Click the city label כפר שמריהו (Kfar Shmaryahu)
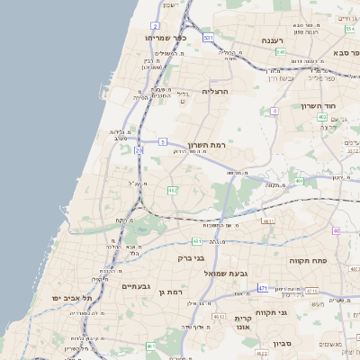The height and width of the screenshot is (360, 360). (x=165, y=40)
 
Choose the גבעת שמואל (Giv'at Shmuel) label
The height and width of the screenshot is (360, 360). (x=225, y=273)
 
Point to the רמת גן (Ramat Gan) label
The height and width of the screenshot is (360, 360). (x=169, y=292)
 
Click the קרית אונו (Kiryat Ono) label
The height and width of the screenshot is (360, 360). (x=243, y=323)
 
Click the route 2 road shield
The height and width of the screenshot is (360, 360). (x=156, y=26)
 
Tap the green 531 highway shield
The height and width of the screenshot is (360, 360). (x=209, y=37)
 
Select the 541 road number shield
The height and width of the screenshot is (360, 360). (x=282, y=52)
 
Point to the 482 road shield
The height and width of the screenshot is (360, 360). (x=172, y=190)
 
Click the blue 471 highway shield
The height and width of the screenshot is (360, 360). (x=262, y=288)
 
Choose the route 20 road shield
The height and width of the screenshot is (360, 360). (x=139, y=150)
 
